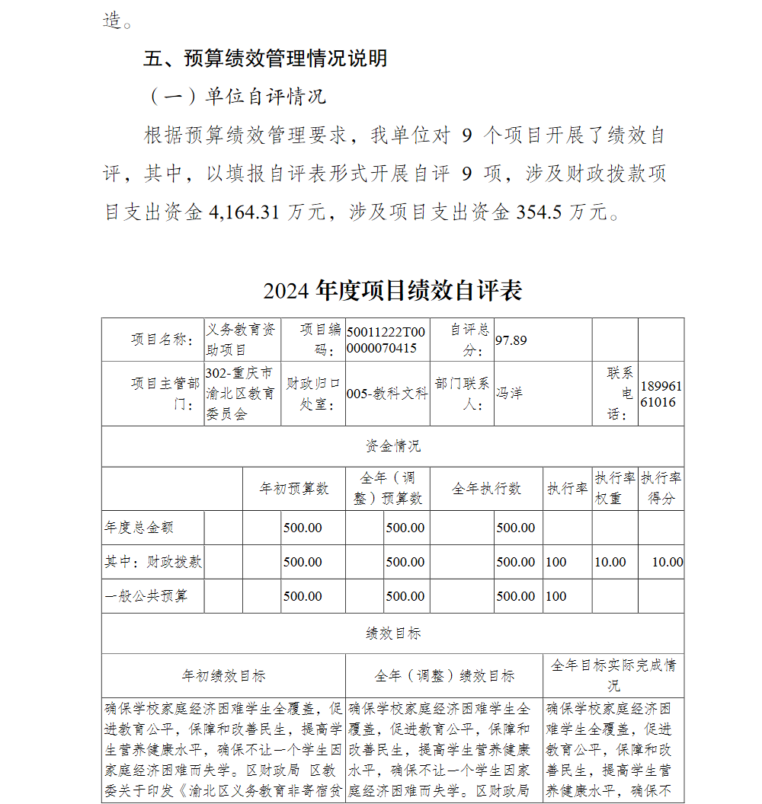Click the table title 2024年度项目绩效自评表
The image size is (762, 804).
[392, 290]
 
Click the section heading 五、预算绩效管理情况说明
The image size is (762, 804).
[266, 59]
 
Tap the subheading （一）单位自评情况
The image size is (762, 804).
[235, 97]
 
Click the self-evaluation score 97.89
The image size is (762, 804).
[511, 340]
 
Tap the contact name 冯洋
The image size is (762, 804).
[509, 393]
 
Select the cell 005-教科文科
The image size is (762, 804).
[386, 394]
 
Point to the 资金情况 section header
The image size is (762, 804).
[392, 446]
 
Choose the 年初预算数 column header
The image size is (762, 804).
[293, 489]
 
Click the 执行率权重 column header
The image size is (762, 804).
[614, 488]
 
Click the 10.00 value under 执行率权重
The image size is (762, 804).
[610, 562]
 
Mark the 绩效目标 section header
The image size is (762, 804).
[392, 633]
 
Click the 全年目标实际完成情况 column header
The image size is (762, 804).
[613, 675]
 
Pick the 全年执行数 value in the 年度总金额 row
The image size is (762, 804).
[516, 528]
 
